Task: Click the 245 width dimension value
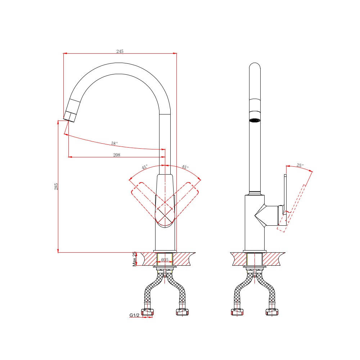coord(120,51)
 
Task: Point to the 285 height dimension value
coord(56,186)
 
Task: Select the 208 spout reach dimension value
coord(117,155)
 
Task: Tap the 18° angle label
coord(114,143)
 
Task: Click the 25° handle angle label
coord(300,165)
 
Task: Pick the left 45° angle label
coord(145,167)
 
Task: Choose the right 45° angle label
coord(185,167)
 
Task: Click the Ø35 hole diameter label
coord(165,260)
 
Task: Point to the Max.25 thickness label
coord(135,259)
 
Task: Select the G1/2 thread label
coord(134,315)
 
